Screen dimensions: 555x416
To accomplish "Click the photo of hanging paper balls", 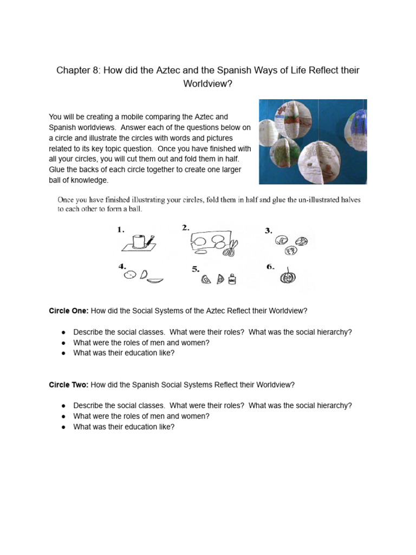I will [313, 141].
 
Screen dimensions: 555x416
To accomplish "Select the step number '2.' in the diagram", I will [186, 228].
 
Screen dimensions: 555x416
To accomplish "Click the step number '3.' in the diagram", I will [268, 230].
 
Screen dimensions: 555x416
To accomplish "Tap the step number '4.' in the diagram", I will [122, 266].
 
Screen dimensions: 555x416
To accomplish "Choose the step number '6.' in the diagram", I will [270, 267].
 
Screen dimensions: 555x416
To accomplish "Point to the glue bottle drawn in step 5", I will [233, 280].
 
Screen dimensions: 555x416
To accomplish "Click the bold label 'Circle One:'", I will [69, 311].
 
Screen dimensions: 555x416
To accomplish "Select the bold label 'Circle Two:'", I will [69, 385].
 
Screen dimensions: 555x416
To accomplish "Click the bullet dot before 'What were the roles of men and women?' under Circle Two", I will [63, 416].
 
